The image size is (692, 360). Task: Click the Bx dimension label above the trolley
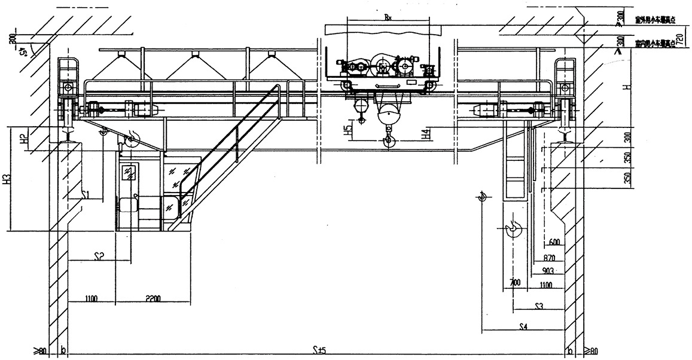coord(388,18)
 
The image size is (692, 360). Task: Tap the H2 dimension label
coord(22,141)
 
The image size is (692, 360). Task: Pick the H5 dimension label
coord(347,131)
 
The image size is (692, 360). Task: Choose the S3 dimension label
coord(538,306)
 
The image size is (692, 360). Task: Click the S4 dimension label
coord(524,327)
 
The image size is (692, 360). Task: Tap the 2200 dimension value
coord(153,298)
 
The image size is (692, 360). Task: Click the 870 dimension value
coord(550,258)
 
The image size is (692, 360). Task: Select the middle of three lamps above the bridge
coord(194,55)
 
